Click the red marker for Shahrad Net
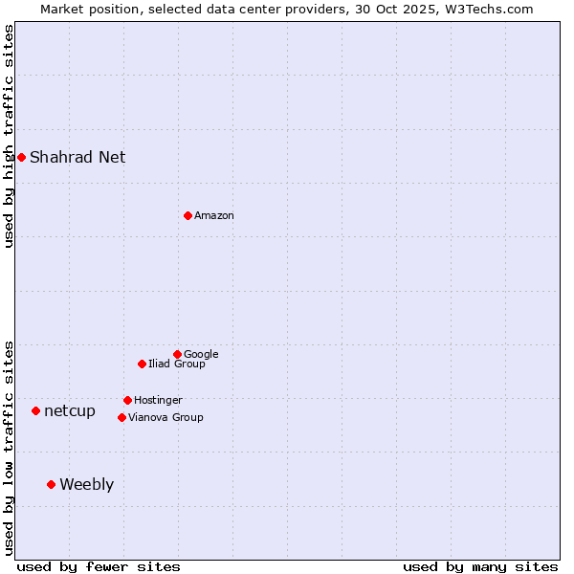tap(21, 157)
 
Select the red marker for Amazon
tap(188, 215)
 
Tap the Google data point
tap(177, 354)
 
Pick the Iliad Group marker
tap(142, 364)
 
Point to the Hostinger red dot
tap(127, 400)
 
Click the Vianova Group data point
tap(121, 417)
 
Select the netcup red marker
tap(35, 410)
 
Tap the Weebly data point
tap(51, 484)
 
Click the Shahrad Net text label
tap(77, 157)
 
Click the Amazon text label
tap(214, 215)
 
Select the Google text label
tap(201, 354)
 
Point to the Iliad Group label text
tap(177, 364)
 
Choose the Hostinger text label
tap(158, 400)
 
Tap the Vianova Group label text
tap(166, 417)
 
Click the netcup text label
tap(70, 410)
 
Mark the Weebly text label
tap(86, 484)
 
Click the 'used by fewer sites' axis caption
tap(99, 566)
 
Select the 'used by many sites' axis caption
tap(480, 566)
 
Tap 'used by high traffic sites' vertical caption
tap(9, 136)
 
